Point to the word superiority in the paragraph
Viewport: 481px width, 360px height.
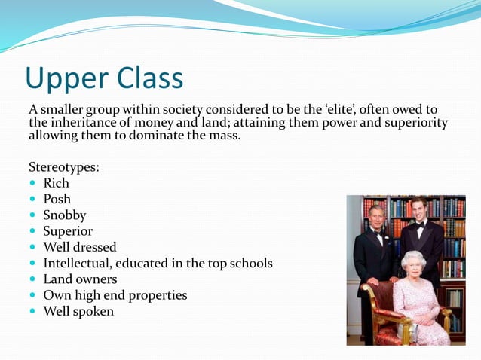pos(412,123)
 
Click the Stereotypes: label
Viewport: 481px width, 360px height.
pos(64,166)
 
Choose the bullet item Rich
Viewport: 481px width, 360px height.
pos(56,183)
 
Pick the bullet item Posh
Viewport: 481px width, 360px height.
pos(57,199)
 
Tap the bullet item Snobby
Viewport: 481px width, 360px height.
pos(64,215)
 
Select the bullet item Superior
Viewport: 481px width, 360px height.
pos(67,231)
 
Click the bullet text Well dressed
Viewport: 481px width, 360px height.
pos(79,247)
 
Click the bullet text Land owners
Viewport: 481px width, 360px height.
pos(80,279)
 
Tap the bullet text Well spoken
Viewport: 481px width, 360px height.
pos(78,311)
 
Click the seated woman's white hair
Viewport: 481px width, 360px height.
pos(414,258)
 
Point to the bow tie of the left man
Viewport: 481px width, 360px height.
pos(377,233)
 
